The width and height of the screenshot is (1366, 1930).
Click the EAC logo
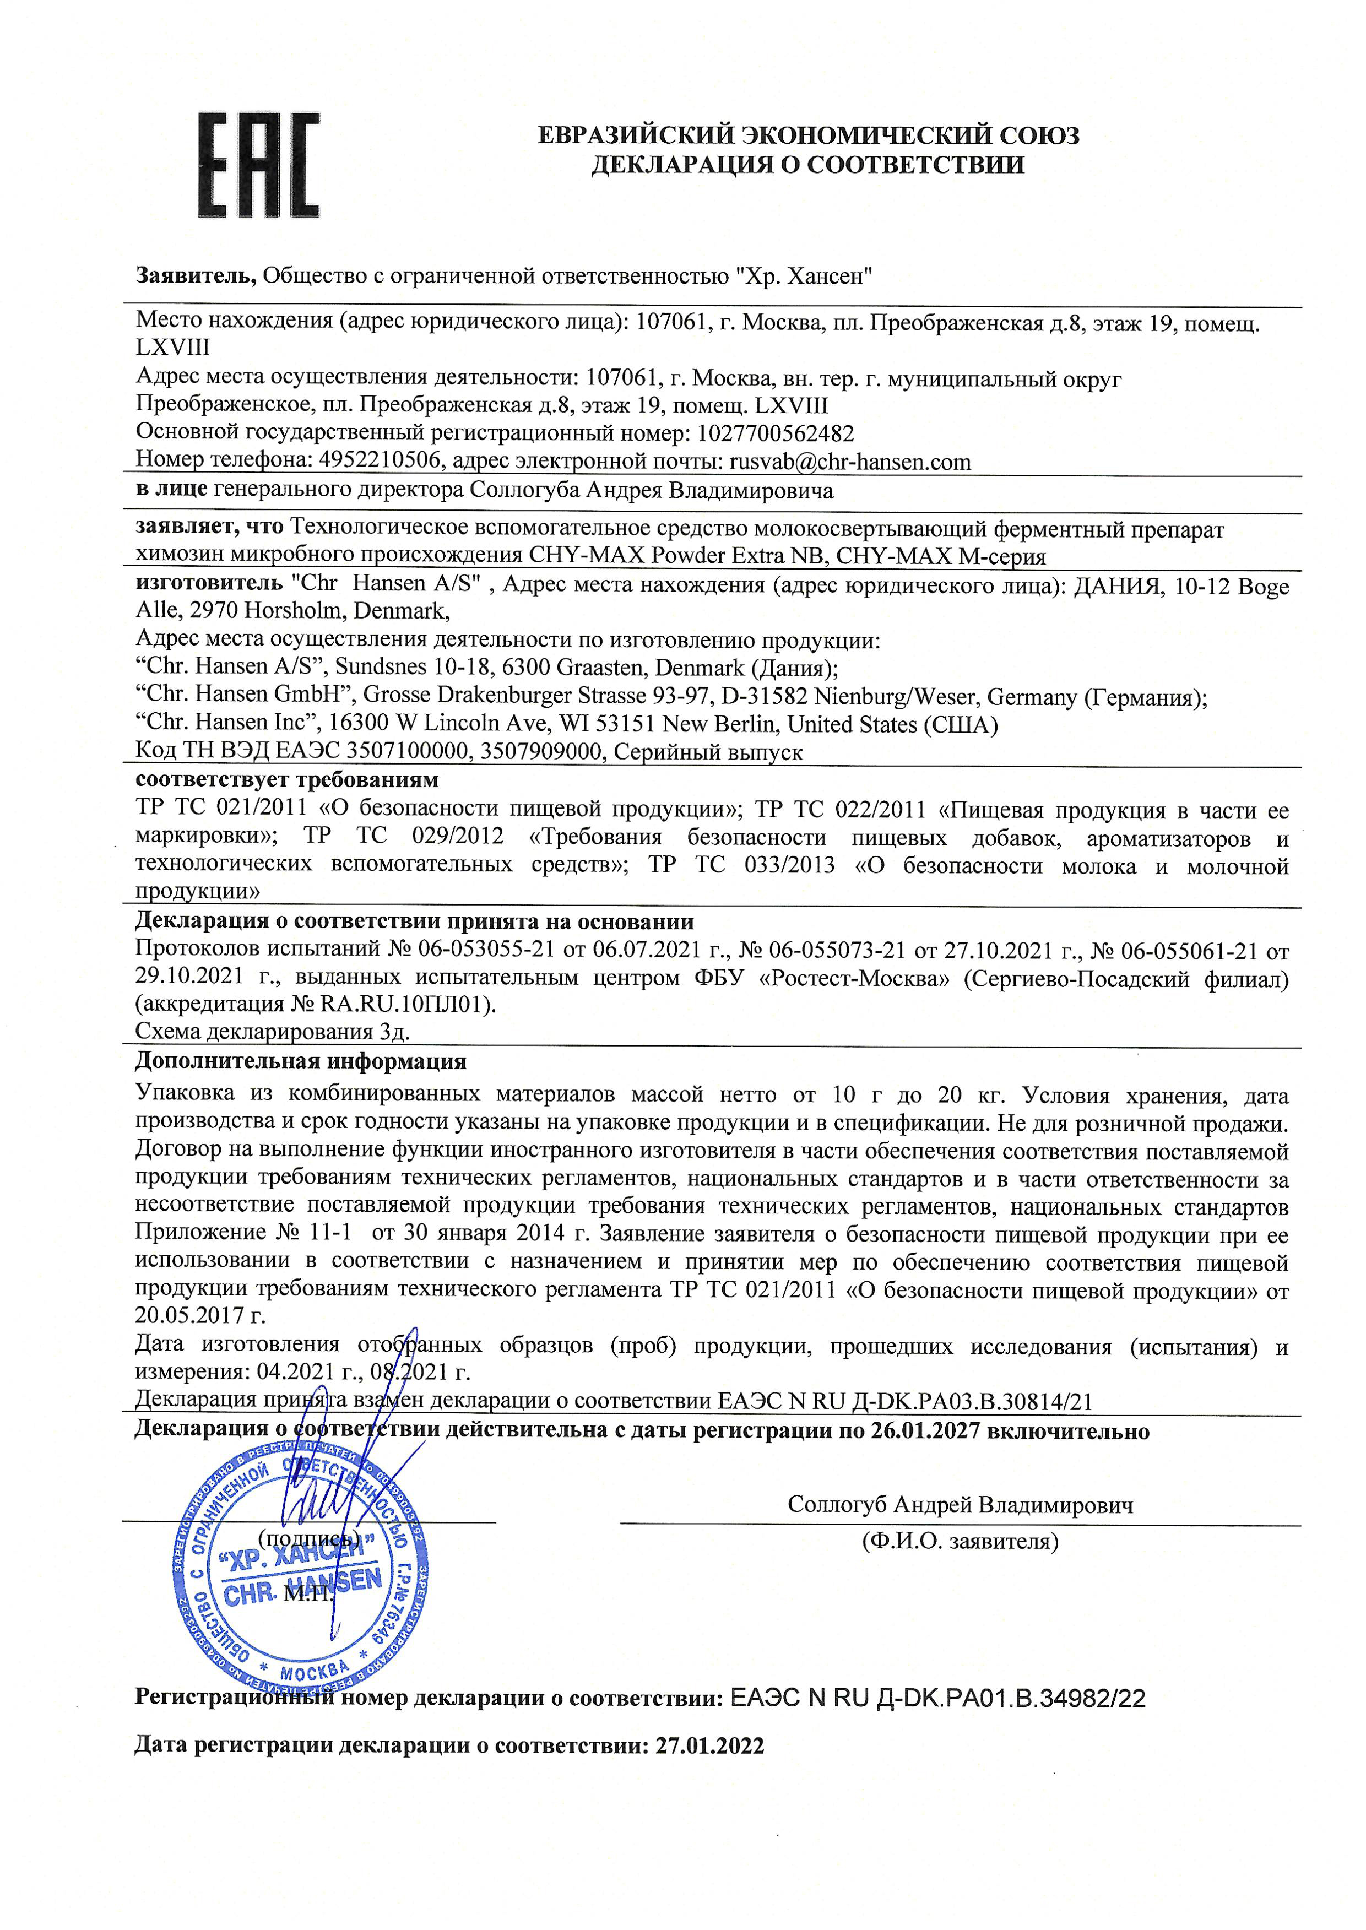click(259, 166)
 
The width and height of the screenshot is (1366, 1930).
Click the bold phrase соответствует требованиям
click(287, 779)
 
